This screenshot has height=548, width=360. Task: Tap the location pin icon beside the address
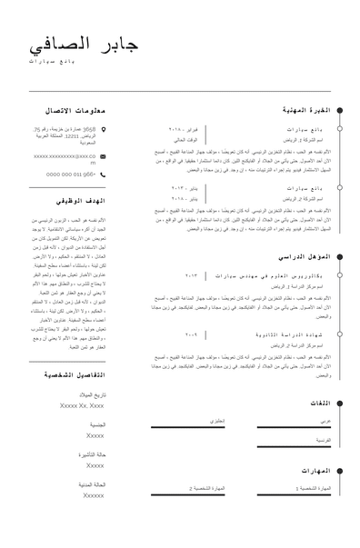tap(105, 130)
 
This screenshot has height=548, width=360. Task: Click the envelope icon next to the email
tap(105, 156)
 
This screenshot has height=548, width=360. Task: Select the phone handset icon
tap(105, 173)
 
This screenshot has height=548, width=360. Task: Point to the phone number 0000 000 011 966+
tap(71, 173)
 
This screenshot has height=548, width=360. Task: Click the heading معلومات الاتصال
tap(75, 110)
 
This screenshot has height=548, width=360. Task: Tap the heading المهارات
tap(315, 471)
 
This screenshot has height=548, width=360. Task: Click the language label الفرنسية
tap(322, 439)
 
